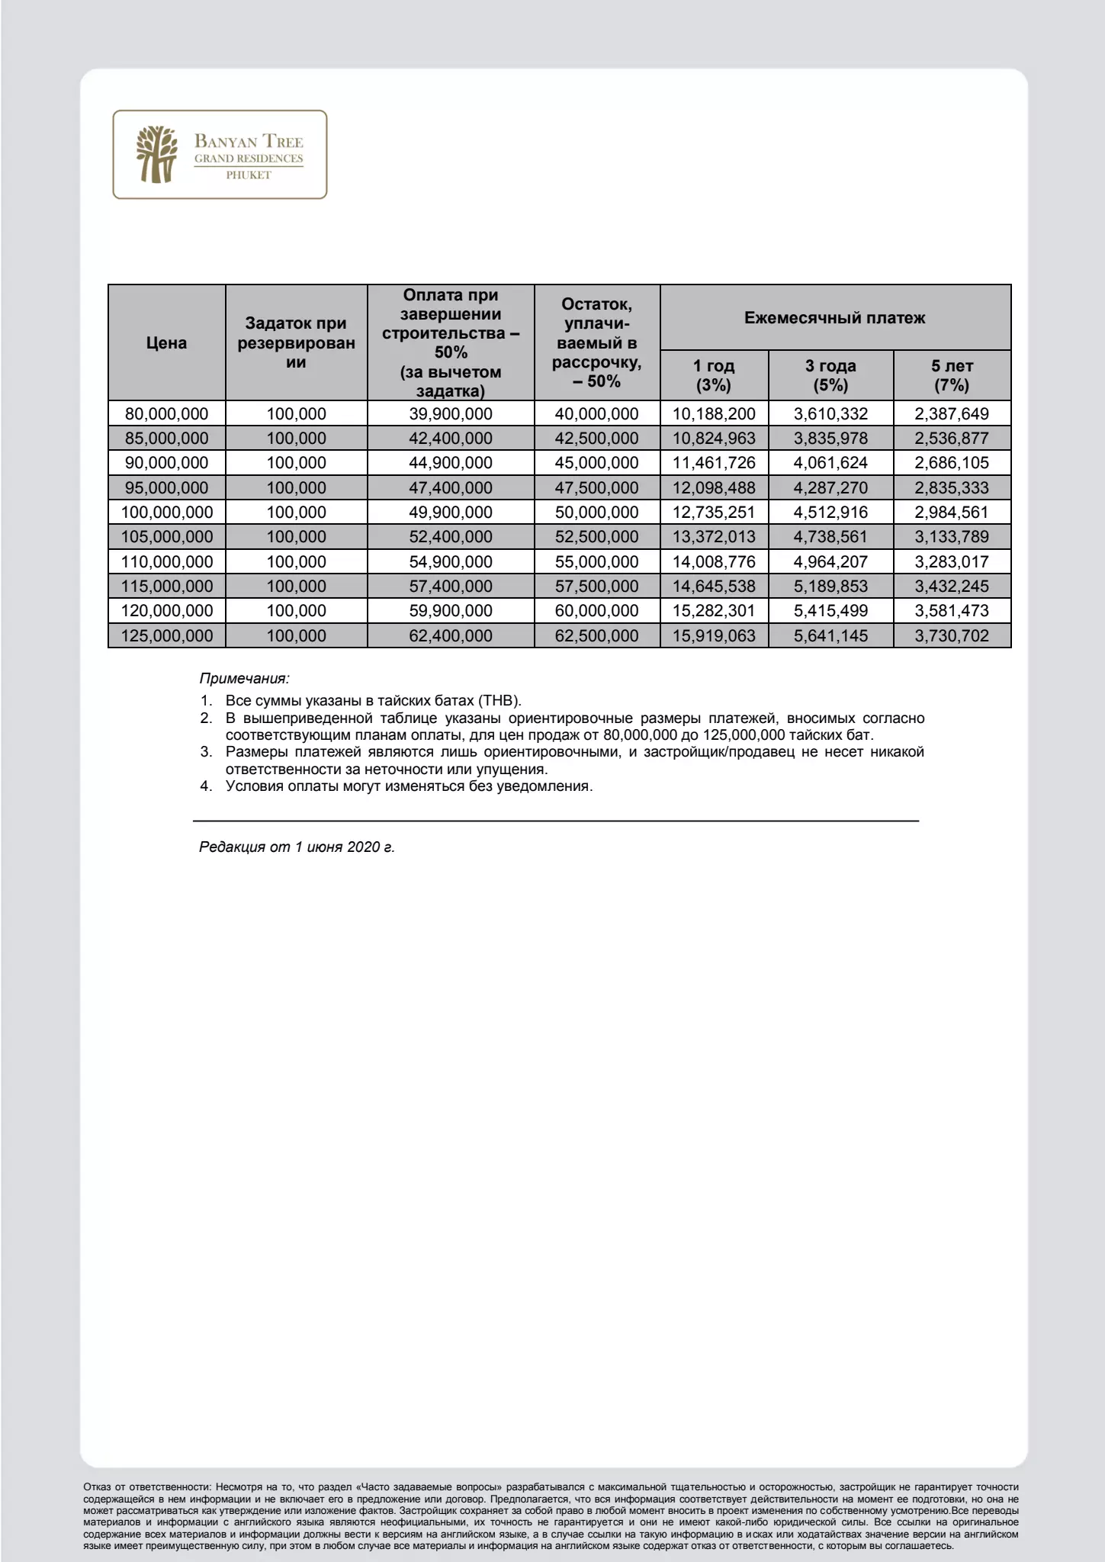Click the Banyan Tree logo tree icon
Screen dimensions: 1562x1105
(x=156, y=154)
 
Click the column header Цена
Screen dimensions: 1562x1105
(x=166, y=342)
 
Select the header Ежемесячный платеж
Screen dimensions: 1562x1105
(x=834, y=318)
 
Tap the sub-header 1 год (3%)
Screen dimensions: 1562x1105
(x=714, y=375)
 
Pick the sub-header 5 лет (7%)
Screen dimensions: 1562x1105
(x=952, y=375)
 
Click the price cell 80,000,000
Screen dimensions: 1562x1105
(x=166, y=414)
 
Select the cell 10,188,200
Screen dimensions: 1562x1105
(x=714, y=414)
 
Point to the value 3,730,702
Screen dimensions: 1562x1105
(x=952, y=635)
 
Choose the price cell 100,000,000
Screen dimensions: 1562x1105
(x=166, y=513)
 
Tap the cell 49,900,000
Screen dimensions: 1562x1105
(x=451, y=513)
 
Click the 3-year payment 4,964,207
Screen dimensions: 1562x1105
(x=830, y=562)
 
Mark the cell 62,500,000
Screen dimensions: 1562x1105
(x=596, y=635)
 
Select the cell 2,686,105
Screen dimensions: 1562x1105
(x=952, y=463)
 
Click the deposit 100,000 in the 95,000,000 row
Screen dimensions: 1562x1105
(x=296, y=488)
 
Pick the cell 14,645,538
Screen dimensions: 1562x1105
(x=714, y=587)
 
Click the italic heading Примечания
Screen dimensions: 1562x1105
(x=244, y=678)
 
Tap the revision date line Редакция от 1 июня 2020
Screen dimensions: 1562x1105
(x=297, y=847)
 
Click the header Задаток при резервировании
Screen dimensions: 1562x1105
(x=296, y=343)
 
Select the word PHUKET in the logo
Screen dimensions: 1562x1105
(x=248, y=175)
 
